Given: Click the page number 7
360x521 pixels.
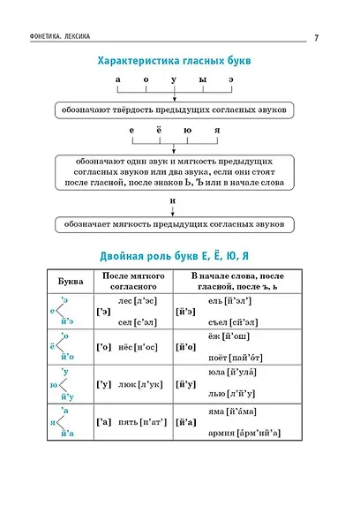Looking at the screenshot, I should pyautogui.click(x=315, y=35).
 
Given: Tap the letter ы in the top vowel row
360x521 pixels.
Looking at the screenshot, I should pyautogui.click(x=202, y=79).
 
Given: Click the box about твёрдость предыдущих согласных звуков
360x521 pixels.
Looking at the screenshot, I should pyautogui.click(x=173, y=110).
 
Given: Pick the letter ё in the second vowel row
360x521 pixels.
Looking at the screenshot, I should pyautogui.click(x=159, y=131).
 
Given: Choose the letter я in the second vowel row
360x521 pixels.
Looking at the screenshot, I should pyautogui.click(x=216, y=131).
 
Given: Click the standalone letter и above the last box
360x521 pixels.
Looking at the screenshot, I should pyautogui.click(x=173, y=200).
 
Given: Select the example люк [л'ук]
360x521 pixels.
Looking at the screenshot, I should pyautogui.click(x=135, y=385).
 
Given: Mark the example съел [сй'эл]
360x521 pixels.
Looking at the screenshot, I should pyautogui.click(x=230, y=321).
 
